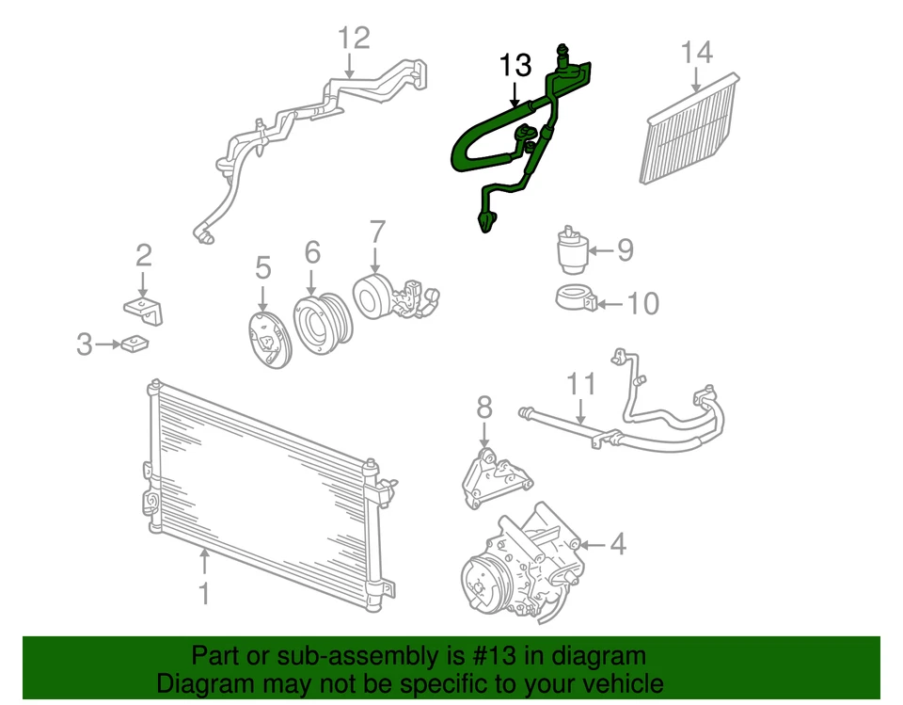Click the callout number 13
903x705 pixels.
(515, 66)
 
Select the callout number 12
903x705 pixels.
(355, 39)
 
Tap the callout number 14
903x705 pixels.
(697, 52)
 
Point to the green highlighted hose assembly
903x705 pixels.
(489, 141)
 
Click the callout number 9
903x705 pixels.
(625, 250)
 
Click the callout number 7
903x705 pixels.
(377, 232)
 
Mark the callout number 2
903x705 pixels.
(143, 255)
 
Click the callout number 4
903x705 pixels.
(617, 545)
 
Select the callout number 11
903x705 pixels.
(581, 386)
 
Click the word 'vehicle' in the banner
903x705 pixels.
(617, 683)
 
